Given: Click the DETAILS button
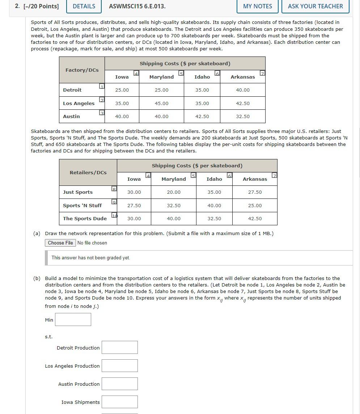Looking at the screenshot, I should pos(84,6).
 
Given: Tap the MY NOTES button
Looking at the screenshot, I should pos(258,6).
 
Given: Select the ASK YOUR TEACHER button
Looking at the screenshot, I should pos(315,6).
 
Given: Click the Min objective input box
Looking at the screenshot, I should pos(73,319).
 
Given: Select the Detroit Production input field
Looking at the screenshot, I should pos(120,347).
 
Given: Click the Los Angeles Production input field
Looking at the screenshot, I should pos(120,365).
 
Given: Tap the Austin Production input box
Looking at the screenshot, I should pos(120,384).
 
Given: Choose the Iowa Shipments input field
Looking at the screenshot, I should pos(120,402).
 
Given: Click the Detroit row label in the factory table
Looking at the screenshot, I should pos(72,90).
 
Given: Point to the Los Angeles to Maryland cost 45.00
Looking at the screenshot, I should pos(161,103).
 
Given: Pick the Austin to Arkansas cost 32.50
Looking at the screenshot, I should pos(242,116).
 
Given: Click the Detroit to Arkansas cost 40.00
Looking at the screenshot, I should pos(242,90).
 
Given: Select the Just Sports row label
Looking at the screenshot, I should pos(78,192).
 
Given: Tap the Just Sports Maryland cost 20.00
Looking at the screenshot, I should pos(174,192).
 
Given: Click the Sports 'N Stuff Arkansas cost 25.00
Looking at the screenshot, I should pos(255,205).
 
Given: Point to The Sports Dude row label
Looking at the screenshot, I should pos(85,218).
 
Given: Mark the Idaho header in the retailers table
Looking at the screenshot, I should pos(214,179).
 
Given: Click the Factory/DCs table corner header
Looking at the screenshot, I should pos(82,70).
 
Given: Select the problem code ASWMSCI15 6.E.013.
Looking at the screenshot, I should pos(137,6).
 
